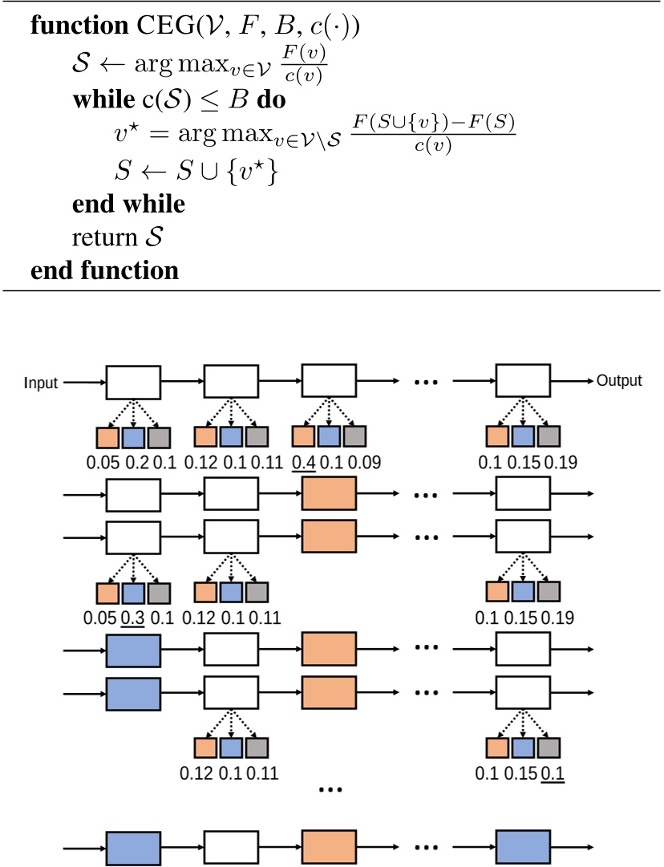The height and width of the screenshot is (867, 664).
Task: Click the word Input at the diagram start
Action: click(x=42, y=383)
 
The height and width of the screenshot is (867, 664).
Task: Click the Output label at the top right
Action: click(x=619, y=380)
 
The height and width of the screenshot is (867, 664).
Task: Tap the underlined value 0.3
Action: click(x=132, y=618)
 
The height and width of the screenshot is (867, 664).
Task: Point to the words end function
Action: click(x=104, y=270)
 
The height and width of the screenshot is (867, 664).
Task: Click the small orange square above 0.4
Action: click(x=303, y=436)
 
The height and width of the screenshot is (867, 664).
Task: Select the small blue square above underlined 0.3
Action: click(x=132, y=593)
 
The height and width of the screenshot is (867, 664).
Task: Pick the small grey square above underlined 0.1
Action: click(x=549, y=747)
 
